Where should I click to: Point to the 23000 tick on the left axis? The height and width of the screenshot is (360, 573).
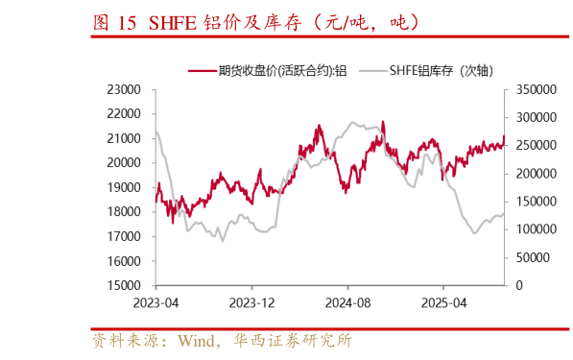(123, 89)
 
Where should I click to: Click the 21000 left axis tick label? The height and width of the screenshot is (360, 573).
(123, 138)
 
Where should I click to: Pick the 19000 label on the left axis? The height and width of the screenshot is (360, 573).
(123, 187)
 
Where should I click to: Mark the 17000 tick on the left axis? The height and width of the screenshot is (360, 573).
(123, 236)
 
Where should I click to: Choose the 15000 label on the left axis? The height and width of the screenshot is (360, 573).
(123, 285)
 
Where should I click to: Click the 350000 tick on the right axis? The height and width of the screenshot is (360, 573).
(535, 89)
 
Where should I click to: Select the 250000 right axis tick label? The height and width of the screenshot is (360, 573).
(535, 145)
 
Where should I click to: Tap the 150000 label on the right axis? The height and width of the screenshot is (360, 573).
(535, 202)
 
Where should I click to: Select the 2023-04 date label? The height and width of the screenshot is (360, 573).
(155, 301)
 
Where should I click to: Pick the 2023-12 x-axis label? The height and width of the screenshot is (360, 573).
(251, 301)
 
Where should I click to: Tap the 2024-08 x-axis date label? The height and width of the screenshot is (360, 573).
(347, 301)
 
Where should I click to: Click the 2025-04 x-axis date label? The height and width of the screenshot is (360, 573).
(443, 301)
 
